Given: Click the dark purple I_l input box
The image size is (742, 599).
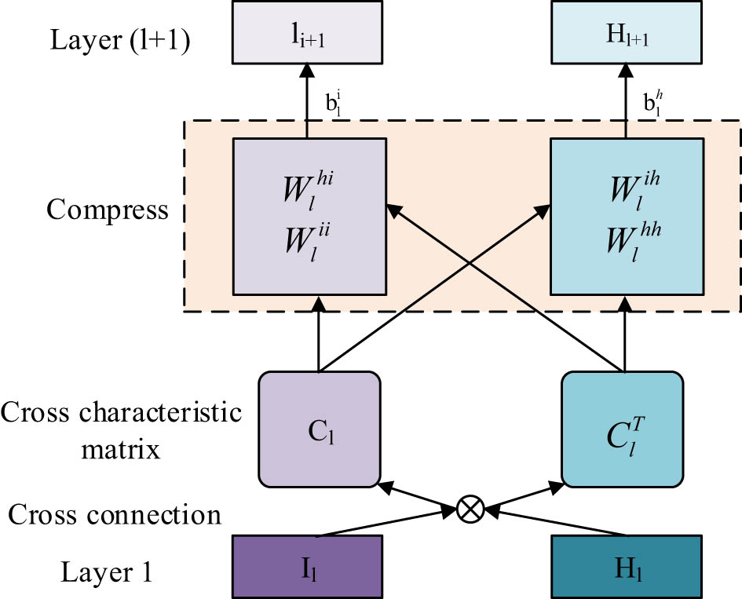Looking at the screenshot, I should [x=308, y=567].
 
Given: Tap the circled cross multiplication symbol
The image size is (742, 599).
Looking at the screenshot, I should [x=470, y=510].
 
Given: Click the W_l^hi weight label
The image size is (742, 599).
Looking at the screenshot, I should [x=306, y=192].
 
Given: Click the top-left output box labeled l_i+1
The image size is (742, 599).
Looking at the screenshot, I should [x=308, y=34].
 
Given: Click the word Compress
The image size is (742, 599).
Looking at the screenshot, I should [x=107, y=210].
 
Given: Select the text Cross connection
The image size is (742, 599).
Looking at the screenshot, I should [x=113, y=515].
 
